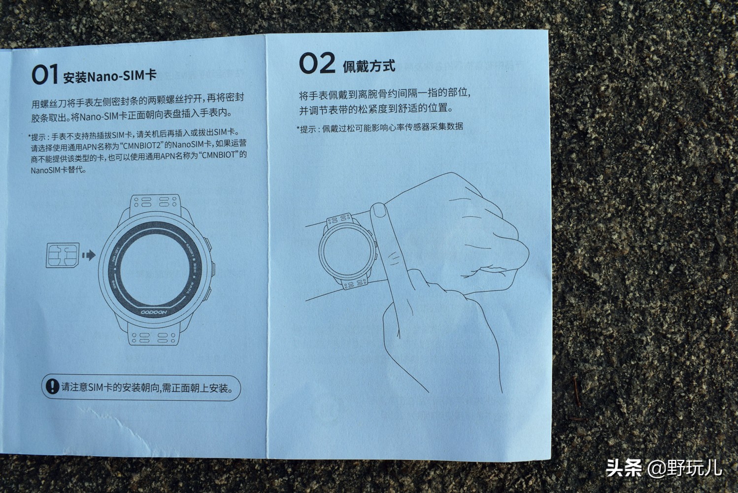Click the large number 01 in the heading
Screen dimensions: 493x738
[x=45, y=75]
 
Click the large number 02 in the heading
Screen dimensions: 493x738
[x=317, y=64]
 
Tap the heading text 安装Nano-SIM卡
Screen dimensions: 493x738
[x=109, y=76]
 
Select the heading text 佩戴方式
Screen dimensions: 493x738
[x=369, y=66]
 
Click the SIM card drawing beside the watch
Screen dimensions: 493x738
[x=62, y=255]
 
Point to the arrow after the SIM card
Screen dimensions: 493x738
[x=89, y=255]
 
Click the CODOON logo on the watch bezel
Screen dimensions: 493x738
[x=154, y=312]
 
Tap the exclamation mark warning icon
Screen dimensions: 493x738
[x=52, y=386]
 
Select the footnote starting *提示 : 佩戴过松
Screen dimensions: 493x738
[x=380, y=128]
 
